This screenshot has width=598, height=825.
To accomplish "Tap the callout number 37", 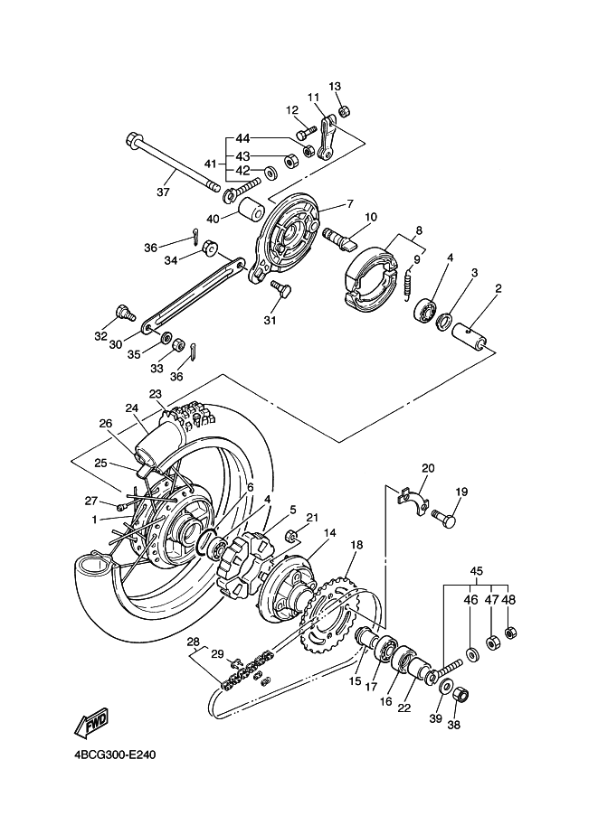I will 163,192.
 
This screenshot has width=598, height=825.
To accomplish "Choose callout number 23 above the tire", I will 156,393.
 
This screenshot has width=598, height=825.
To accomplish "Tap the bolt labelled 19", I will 443,520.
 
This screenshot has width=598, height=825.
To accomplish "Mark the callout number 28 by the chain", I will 192,642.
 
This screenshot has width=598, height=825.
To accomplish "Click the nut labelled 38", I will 458,695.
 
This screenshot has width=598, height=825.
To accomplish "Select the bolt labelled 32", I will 123,314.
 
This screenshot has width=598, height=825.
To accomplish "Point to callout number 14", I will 331,533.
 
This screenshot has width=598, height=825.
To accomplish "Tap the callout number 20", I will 428,468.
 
